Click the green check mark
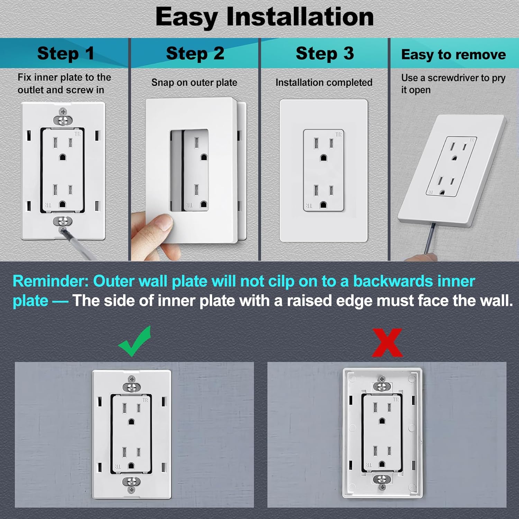[x=134, y=343]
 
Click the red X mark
[x=387, y=343]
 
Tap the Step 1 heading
[x=65, y=54]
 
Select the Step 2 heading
[x=195, y=54]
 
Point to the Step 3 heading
[x=325, y=54]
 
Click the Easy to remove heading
[x=453, y=55]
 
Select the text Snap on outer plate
[x=194, y=83]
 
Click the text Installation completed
[x=324, y=83]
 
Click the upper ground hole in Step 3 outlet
[x=324, y=158]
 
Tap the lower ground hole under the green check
[x=131, y=466]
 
